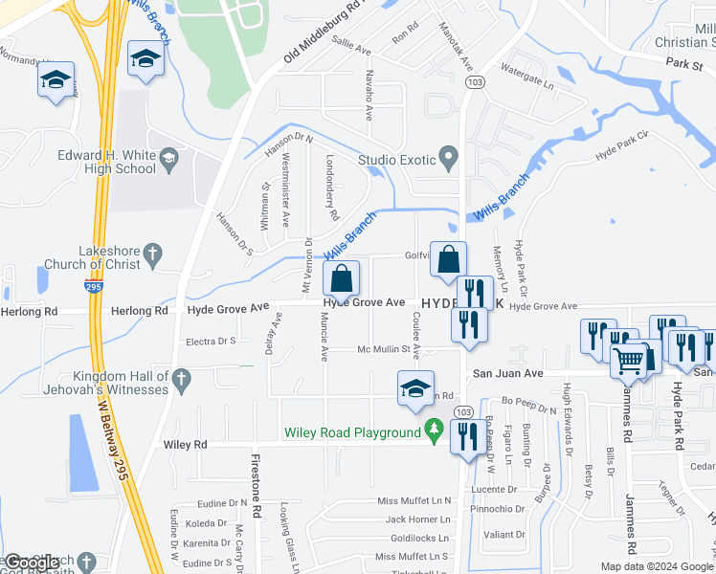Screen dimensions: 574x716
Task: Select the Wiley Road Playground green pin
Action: click(x=435, y=432)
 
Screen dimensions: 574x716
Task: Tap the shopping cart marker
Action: click(x=629, y=361)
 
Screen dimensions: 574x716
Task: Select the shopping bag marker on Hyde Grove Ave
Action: click(x=342, y=279)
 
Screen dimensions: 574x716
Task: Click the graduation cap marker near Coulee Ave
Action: click(x=414, y=389)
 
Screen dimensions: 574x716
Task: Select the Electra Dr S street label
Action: click(x=211, y=341)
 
